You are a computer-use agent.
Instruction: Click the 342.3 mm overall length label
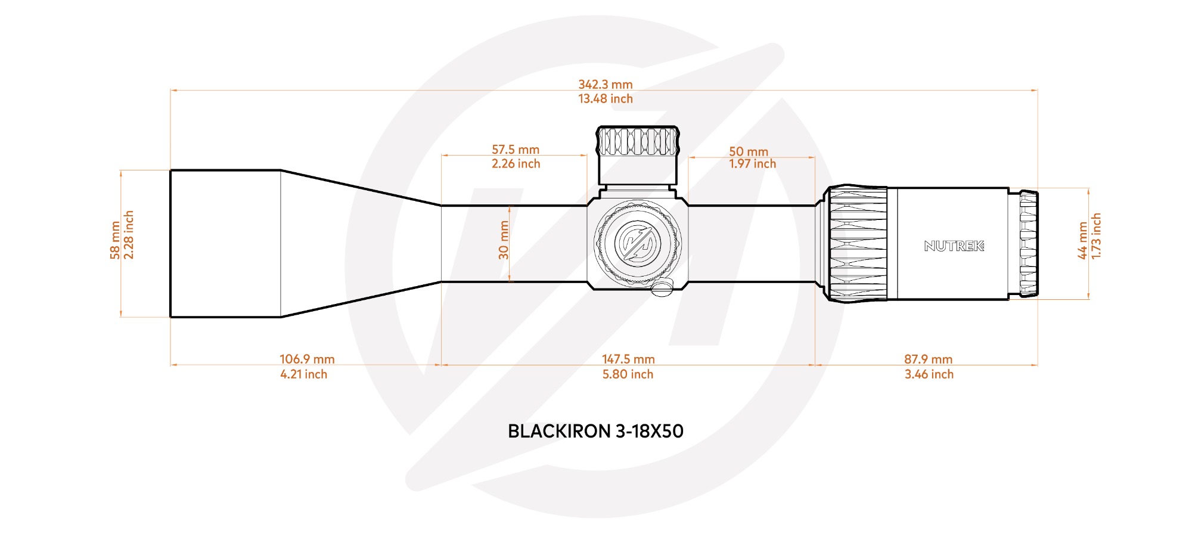605,85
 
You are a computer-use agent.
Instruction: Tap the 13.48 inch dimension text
605,99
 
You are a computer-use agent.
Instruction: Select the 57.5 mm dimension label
516,150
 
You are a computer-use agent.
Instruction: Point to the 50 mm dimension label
749,151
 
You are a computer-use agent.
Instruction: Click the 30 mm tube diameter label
504,240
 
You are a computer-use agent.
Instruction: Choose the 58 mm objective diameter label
115,240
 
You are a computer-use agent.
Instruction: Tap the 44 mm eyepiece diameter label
1083,240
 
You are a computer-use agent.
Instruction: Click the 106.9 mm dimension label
307,359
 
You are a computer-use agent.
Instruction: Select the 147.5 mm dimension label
628,359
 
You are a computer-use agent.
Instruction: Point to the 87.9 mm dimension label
928,359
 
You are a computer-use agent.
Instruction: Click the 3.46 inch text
929,374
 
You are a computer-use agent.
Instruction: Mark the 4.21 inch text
304,374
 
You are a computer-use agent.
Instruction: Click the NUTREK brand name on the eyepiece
954,246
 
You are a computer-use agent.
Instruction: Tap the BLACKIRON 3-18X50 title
595,431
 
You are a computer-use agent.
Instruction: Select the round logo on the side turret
637,243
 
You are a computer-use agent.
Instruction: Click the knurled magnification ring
857,243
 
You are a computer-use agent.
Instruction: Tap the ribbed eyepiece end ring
1029,243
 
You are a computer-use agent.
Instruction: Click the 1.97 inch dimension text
752,164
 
